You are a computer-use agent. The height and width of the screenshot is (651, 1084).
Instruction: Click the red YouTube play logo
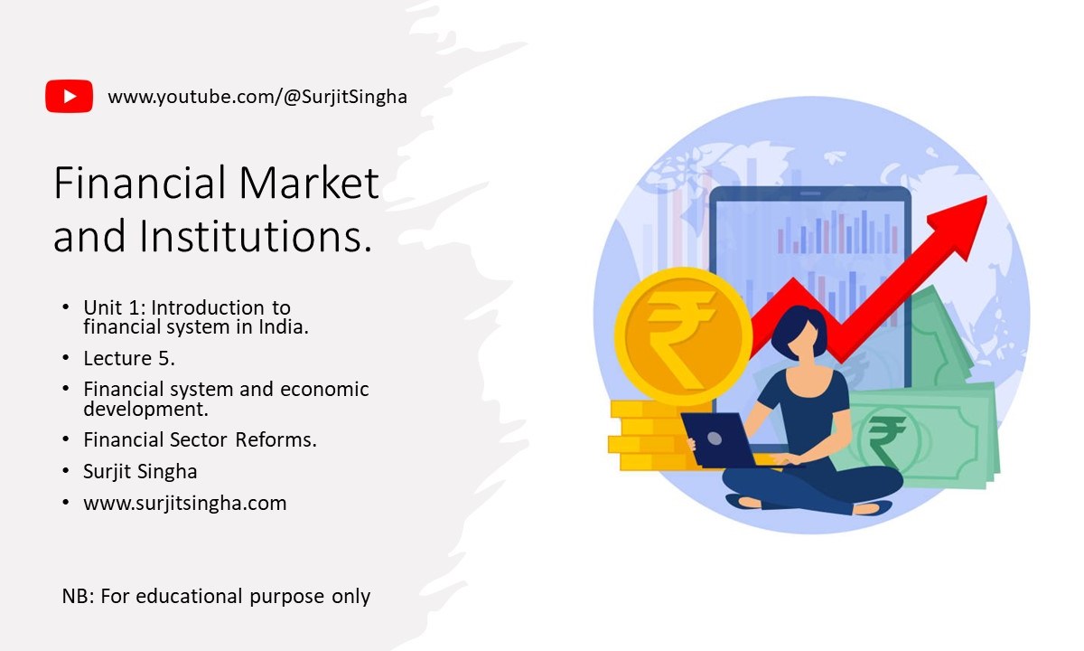tap(70, 96)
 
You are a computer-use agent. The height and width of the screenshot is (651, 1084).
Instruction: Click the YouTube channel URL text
tap(257, 97)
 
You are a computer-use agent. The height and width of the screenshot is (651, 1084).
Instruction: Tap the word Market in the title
tap(309, 183)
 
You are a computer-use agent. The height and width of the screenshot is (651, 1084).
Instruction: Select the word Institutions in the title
tap(257, 236)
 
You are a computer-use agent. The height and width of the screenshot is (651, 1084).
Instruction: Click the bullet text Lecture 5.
tap(129, 358)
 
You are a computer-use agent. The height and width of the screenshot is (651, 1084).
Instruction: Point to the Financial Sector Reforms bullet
tap(200, 439)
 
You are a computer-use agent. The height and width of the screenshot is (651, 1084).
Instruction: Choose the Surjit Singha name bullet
tap(140, 471)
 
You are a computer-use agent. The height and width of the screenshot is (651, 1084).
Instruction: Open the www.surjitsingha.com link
tap(185, 504)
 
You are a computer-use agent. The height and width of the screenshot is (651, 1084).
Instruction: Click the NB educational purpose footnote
tap(216, 596)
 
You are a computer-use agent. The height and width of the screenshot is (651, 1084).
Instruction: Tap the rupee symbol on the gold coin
tap(681, 339)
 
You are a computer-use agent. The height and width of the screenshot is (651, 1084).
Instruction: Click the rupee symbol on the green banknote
tap(886, 442)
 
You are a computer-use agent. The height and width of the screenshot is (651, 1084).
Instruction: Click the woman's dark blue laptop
tap(720, 439)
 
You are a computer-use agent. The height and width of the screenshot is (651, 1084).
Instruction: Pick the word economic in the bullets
tap(324, 390)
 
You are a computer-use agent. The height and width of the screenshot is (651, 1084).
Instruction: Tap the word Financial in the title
tap(140, 183)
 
